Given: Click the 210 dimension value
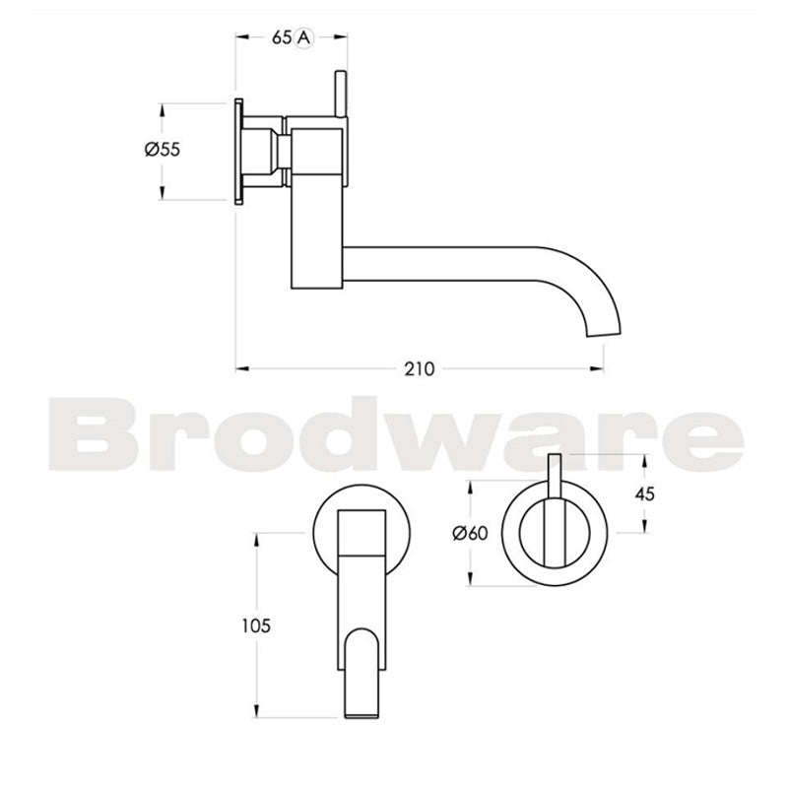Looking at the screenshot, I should [419, 369].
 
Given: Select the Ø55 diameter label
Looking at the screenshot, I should [162, 150].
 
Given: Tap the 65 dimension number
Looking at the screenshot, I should [282, 37].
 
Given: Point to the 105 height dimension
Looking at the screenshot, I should [254, 624].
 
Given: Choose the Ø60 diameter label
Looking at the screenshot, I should [471, 533].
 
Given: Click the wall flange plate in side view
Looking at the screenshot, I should [238, 151].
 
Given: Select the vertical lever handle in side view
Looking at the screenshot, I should [341, 94].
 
